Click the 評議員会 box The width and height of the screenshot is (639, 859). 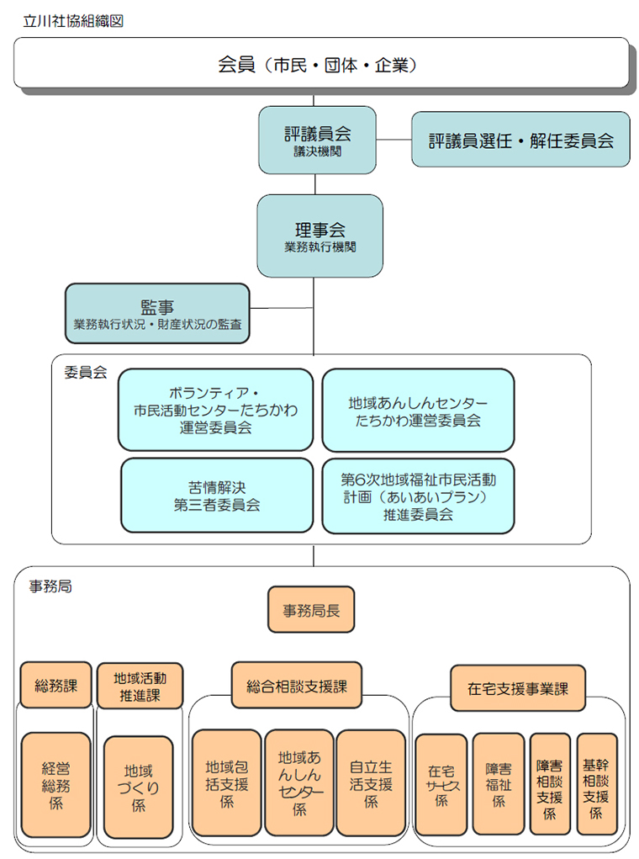[317, 141]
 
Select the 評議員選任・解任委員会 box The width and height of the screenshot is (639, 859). [520, 140]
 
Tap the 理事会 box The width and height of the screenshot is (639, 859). [319, 236]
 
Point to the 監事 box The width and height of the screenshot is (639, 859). [157, 313]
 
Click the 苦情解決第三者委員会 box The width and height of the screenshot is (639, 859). [217, 496]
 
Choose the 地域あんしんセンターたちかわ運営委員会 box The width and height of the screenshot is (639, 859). [418, 411]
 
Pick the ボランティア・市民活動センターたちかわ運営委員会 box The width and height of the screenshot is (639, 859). [216, 410]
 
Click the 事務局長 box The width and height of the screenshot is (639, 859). [311, 609]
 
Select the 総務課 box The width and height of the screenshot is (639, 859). [55, 685]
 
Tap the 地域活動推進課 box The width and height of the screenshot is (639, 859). [140, 686]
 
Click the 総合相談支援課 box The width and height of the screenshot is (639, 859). [297, 686]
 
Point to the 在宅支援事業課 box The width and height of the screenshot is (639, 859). [518, 688]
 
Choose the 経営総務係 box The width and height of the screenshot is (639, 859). [55, 784]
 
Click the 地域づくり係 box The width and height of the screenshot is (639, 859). [138, 787]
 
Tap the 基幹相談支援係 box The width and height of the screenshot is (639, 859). [596, 784]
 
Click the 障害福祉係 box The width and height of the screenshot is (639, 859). [499, 784]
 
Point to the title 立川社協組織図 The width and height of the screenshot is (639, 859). [73, 21]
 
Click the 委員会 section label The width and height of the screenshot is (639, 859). [86, 373]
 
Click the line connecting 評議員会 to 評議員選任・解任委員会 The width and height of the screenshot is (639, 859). [393, 140]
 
